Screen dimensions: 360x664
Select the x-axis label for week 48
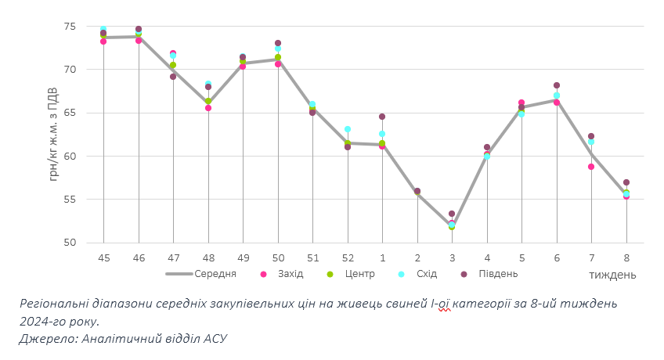[x=207, y=257]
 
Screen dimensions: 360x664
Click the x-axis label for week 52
[x=347, y=257]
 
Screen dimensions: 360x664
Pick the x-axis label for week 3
[x=452, y=257]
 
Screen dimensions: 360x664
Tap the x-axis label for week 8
[x=626, y=257]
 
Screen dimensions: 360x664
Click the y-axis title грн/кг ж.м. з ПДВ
[x=54, y=134]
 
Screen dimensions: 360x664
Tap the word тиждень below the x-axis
[x=612, y=275]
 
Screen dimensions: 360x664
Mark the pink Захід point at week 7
[x=591, y=167]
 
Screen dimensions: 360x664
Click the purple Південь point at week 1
[x=382, y=117]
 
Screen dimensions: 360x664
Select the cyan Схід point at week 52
[x=347, y=129]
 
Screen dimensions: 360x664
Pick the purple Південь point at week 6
[x=557, y=85]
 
